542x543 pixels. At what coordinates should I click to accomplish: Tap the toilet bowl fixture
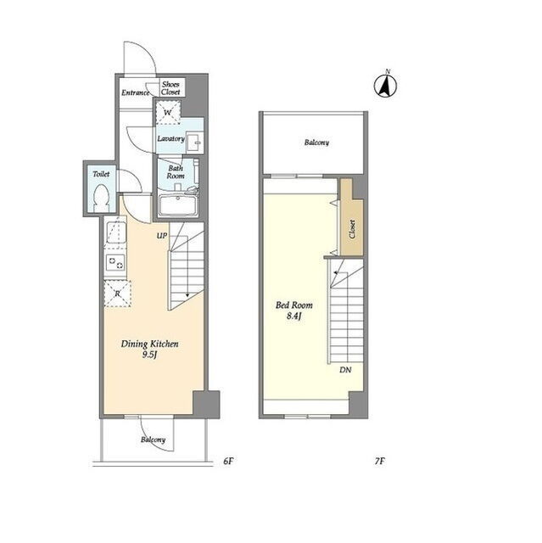coord(101,198)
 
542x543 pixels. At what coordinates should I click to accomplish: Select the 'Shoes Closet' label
coord(170,88)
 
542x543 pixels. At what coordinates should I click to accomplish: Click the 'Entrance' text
coord(136,92)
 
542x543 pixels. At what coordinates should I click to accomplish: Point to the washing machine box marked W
coord(168,112)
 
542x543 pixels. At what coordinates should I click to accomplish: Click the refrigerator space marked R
coord(118,294)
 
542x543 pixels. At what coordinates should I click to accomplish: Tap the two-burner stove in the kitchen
coord(115,263)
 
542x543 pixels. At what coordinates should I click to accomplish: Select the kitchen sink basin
coord(116,232)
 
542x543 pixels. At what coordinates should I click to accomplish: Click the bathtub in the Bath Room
coord(178,205)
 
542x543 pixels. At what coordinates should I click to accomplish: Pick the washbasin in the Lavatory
coord(195,142)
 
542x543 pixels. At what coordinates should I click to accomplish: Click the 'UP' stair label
coord(162,236)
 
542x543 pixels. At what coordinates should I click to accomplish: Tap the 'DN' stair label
coord(345,370)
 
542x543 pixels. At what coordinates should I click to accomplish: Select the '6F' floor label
coord(228,461)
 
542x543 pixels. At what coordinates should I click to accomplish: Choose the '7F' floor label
coord(380,461)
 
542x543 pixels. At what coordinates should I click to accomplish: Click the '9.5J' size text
coord(149,355)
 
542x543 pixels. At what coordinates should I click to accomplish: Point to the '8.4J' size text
coord(294,316)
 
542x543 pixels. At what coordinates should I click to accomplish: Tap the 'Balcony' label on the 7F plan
coord(316,143)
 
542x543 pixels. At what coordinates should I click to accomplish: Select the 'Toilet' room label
coord(101,174)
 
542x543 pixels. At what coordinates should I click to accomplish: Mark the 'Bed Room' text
coord(293,305)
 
